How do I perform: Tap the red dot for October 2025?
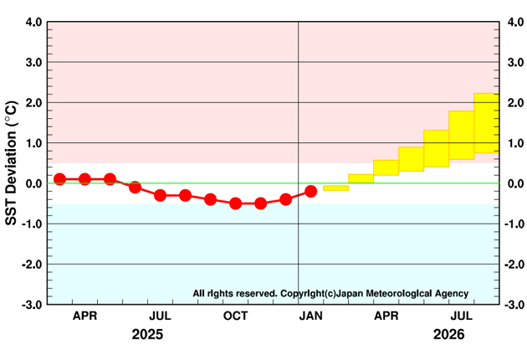coord(235,203)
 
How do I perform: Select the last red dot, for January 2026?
coord(310,191)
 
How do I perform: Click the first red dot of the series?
coord(59,178)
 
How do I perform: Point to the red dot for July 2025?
coord(160,195)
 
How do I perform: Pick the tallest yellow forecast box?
coord(486,123)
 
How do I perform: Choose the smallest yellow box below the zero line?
coord(335,188)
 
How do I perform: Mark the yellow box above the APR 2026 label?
coord(386,167)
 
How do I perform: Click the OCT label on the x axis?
coord(235,316)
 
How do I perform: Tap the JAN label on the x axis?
coord(310,316)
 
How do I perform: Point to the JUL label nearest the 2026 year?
coord(461,316)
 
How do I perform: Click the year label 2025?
coord(147,334)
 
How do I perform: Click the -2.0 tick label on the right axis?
coord(514,265)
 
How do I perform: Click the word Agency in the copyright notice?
coord(453,294)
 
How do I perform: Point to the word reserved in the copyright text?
coord(252,294)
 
